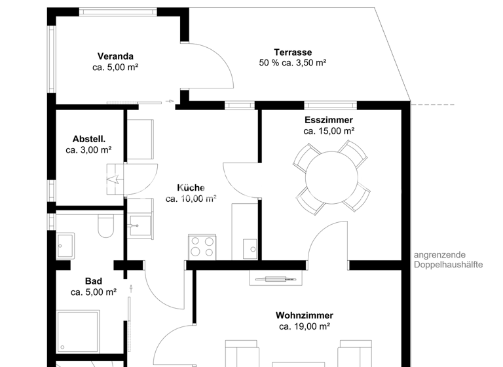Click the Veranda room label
pyautogui.click(x=115, y=56)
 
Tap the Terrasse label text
pyautogui.click(x=293, y=52)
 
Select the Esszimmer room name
pyautogui.click(x=328, y=120)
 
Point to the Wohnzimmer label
pyautogui.click(x=304, y=315)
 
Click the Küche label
pyautogui.click(x=191, y=187)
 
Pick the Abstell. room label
pyautogui.click(x=89, y=139)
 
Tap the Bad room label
pyautogui.click(x=93, y=281)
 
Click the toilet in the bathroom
pyautogui.click(x=105, y=227)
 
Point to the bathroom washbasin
pyautogui.click(x=65, y=246)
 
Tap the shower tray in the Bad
pyautogui.click(x=78, y=331)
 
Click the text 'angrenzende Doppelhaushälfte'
pyautogui.click(x=448, y=260)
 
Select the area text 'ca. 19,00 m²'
pyautogui.click(x=304, y=326)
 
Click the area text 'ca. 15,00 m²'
pyautogui.click(x=328, y=131)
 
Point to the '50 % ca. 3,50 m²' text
pyautogui.click(x=293, y=63)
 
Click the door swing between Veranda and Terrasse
pyautogui.click(x=211, y=66)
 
